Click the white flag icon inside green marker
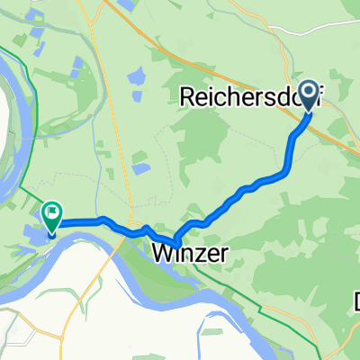point(52,213)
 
